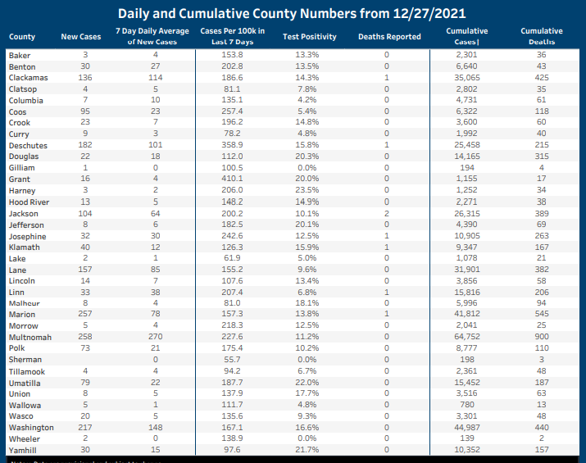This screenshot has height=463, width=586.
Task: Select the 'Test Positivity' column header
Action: point(309,37)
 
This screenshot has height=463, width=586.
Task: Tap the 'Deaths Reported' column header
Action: point(389,37)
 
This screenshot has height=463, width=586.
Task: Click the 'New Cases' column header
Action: point(80,37)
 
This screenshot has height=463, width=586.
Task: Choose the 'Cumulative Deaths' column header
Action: point(541,36)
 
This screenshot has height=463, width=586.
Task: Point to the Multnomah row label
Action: point(30,337)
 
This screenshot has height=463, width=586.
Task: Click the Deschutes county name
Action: point(28,146)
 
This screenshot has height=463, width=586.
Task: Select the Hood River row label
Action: point(29,202)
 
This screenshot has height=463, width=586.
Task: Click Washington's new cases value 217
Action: point(85,427)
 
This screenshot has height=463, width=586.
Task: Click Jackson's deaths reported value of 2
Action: point(386,213)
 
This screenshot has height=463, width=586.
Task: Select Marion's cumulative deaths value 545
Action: point(541,314)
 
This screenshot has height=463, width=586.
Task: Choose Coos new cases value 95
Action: point(85,111)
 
